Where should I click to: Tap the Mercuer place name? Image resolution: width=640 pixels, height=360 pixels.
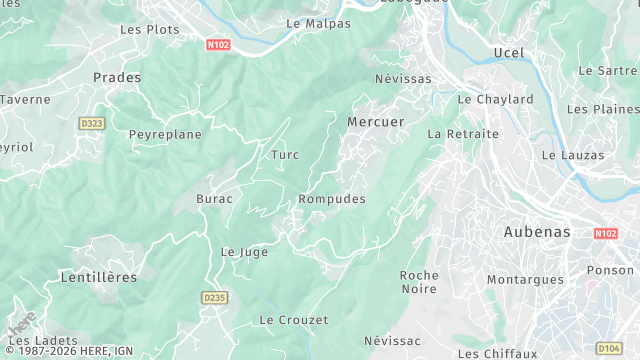click(375, 121)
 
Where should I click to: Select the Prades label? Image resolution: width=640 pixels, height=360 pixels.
click(117, 77)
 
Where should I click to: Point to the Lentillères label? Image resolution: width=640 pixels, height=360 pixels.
click(98, 276)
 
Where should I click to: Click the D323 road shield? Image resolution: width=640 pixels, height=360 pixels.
click(91, 123)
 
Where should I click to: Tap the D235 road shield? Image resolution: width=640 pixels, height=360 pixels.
click(214, 297)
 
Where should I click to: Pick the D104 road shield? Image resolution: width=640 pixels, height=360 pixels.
click(608, 347)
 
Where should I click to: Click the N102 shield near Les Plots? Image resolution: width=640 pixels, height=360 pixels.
click(218, 44)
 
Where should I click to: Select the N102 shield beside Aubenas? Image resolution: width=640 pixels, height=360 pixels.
click(605, 233)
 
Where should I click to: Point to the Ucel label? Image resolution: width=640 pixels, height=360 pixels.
click(508, 52)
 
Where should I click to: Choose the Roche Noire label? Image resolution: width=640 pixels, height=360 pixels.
click(419, 281)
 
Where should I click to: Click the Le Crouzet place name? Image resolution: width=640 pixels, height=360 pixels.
click(293, 320)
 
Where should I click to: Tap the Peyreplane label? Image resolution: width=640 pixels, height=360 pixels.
click(165, 134)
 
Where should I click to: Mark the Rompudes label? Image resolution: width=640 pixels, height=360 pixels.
click(332, 199)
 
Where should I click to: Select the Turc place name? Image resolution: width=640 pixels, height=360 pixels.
click(285, 154)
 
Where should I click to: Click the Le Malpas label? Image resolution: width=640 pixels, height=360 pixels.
click(318, 22)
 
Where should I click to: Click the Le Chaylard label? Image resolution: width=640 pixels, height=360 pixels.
click(495, 99)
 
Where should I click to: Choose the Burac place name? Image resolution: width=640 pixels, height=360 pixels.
click(214, 199)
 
